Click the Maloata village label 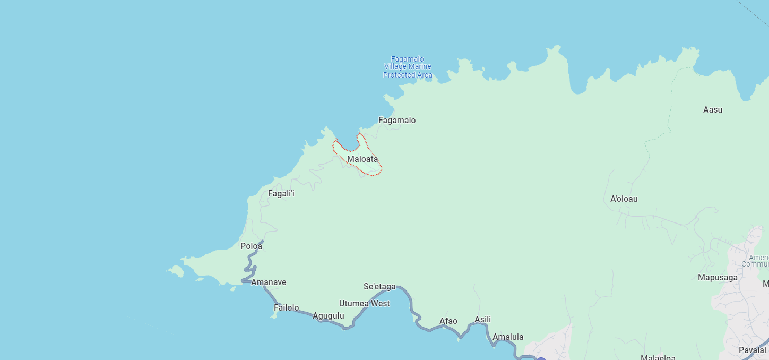pos(362,159)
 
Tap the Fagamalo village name pos(397,121)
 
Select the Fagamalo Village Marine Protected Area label pos(408,67)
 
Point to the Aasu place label pos(713,110)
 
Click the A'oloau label pos(624,199)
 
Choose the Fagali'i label pos(281,194)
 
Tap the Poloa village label pos(252,246)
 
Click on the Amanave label pos(269,282)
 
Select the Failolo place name pos(287,308)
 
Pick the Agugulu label pos(329,316)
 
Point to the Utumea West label pos(365,304)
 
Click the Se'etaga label pos(379,287)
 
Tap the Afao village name pos(448,321)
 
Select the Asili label pos(483,320)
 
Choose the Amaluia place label pos(508,337)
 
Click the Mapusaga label pos(718,278)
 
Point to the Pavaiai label pos(753,350)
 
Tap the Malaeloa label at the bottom pos(658,357)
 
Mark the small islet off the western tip pos(176,271)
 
